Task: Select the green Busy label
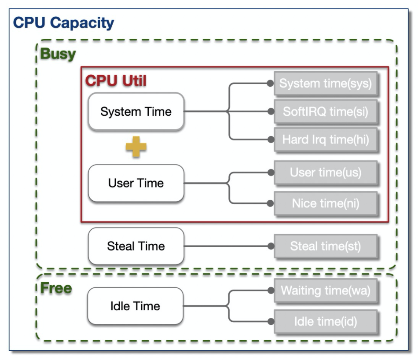(x=58, y=55)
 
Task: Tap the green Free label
(x=56, y=289)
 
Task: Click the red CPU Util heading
(x=116, y=81)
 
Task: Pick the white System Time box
(x=136, y=112)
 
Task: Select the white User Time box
(x=136, y=183)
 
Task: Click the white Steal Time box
(x=136, y=246)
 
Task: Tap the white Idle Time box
(x=136, y=306)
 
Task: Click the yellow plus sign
(x=136, y=147)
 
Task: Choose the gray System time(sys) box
(x=326, y=83)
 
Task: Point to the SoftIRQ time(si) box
(x=326, y=112)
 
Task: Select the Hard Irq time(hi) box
(x=326, y=140)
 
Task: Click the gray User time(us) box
(x=326, y=173)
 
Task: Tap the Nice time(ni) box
(x=326, y=203)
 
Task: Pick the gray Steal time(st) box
(x=326, y=246)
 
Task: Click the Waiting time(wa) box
(x=326, y=291)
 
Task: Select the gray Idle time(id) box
(x=326, y=321)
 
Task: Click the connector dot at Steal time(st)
(x=270, y=246)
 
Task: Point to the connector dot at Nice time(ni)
(x=270, y=203)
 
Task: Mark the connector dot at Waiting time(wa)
(x=270, y=291)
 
